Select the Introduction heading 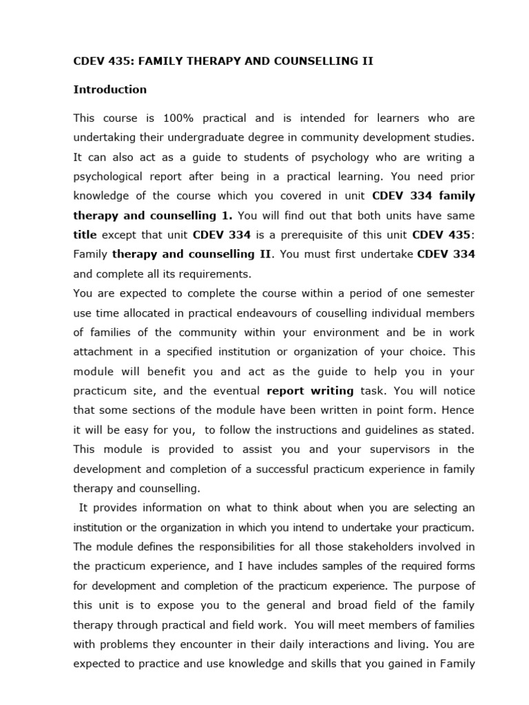click(110, 90)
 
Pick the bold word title click(85, 234)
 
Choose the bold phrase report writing click(310, 390)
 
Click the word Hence click(456, 410)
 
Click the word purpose click(431, 585)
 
